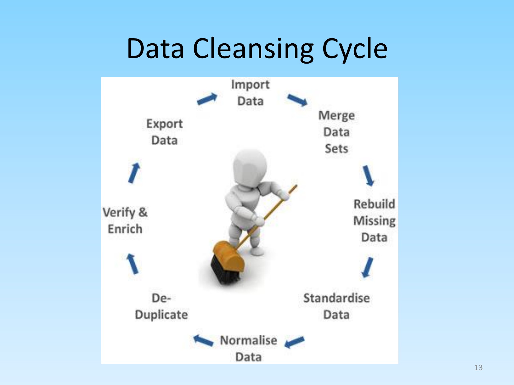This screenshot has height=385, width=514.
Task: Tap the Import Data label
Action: point(250,93)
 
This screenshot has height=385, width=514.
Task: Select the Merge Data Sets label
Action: point(337,132)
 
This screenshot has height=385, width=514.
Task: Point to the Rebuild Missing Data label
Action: point(374,220)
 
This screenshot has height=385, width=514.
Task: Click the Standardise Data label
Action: point(336,306)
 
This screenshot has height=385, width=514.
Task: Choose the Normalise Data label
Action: point(248,348)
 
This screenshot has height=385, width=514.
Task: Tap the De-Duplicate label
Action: point(161,306)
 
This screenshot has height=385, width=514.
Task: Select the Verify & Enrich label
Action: point(125,220)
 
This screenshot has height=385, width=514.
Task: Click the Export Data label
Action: point(164,132)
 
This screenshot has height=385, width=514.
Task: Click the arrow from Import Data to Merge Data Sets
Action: point(297,100)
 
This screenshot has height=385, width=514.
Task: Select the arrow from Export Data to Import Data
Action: point(207,99)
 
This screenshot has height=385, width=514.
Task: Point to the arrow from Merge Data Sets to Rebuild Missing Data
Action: point(368,176)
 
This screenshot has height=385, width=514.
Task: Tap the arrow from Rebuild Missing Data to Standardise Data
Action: point(367,268)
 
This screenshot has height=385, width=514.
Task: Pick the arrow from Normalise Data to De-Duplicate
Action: point(203,341)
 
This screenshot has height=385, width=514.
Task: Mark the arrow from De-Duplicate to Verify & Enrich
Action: point(132,264)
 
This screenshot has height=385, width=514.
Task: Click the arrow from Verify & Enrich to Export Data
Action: point(134,173)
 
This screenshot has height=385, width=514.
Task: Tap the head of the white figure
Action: point(250,167)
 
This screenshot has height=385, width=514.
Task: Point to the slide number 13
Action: point(479,368)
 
